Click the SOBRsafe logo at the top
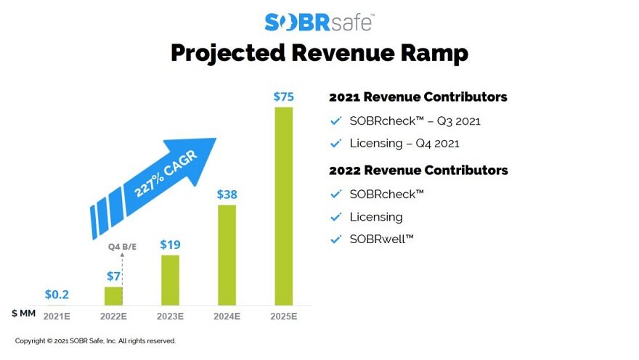(319, 22)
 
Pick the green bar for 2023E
(171, 279)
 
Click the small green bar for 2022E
(113, 295)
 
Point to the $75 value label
(283, 97)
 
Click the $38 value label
(227, 195)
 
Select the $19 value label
(171, 245)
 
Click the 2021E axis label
(57, 316)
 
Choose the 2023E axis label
(171, 316)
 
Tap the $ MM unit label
(23, 314)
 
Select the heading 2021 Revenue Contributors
(418, 97)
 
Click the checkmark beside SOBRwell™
(335, 240)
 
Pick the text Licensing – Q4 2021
(404, 144)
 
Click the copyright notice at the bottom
(95, 340)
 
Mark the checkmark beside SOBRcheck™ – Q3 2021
(335, 120)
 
